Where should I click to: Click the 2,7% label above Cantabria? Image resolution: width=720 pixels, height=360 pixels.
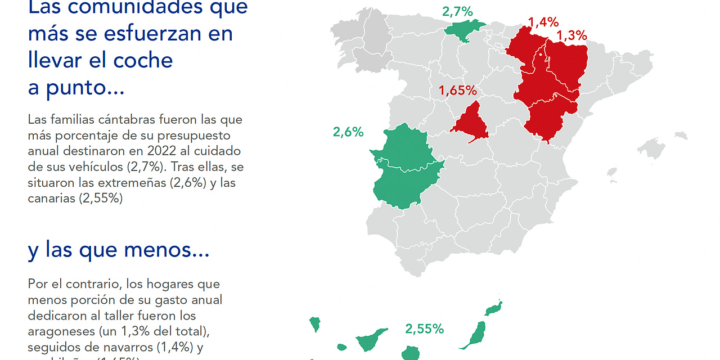tap(457, 11)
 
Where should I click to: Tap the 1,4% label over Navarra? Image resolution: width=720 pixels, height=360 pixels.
tap(543, 22)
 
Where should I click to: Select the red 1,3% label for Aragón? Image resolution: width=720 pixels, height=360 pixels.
tap(571, 35)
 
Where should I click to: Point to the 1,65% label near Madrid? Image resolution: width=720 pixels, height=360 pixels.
tap(458, 90)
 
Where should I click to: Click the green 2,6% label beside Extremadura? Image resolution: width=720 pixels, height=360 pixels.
tap(348, 132)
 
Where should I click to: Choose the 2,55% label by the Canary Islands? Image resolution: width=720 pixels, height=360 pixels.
tap(424, 328)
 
